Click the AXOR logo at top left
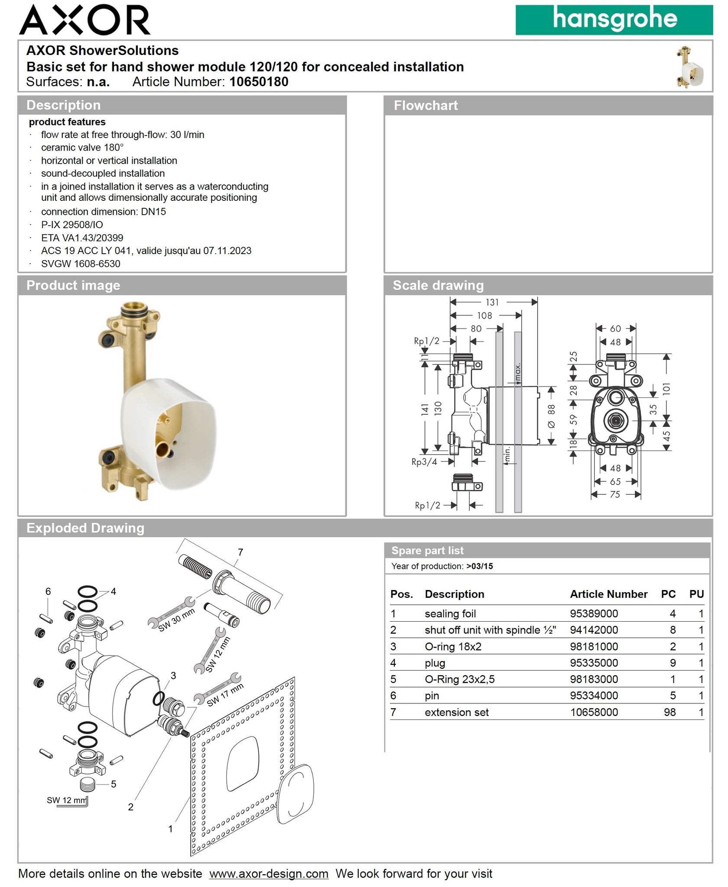[x=84, y=20]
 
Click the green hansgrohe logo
[x=614, y=20]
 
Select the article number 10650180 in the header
[x=259, y=82]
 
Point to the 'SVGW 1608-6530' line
[x=81, y=264]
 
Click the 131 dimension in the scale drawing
[x=492, y=302]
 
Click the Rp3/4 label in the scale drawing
[x=424, y=462]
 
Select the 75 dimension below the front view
[x=615, y=494]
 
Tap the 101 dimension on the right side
[x=667, y=388]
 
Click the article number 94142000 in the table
[x=594, y=630]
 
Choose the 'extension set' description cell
[x=456, y=712]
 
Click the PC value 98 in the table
[x=669, y=712]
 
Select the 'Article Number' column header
[x=608, y=594]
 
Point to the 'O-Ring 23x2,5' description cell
[x=459, y=679]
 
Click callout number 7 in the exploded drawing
[x=240, y=552]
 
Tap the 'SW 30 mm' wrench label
[x=176, y=620]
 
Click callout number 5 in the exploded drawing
[x=114, y=784]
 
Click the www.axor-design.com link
[x=269, y=874]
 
